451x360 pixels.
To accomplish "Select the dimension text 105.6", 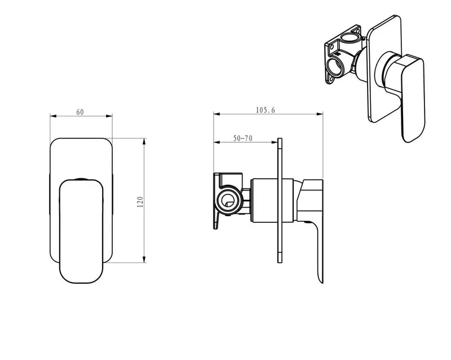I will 264,110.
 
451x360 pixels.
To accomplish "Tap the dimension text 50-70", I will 242,138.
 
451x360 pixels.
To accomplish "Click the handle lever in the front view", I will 82,231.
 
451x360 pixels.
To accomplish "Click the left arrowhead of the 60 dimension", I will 52,117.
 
